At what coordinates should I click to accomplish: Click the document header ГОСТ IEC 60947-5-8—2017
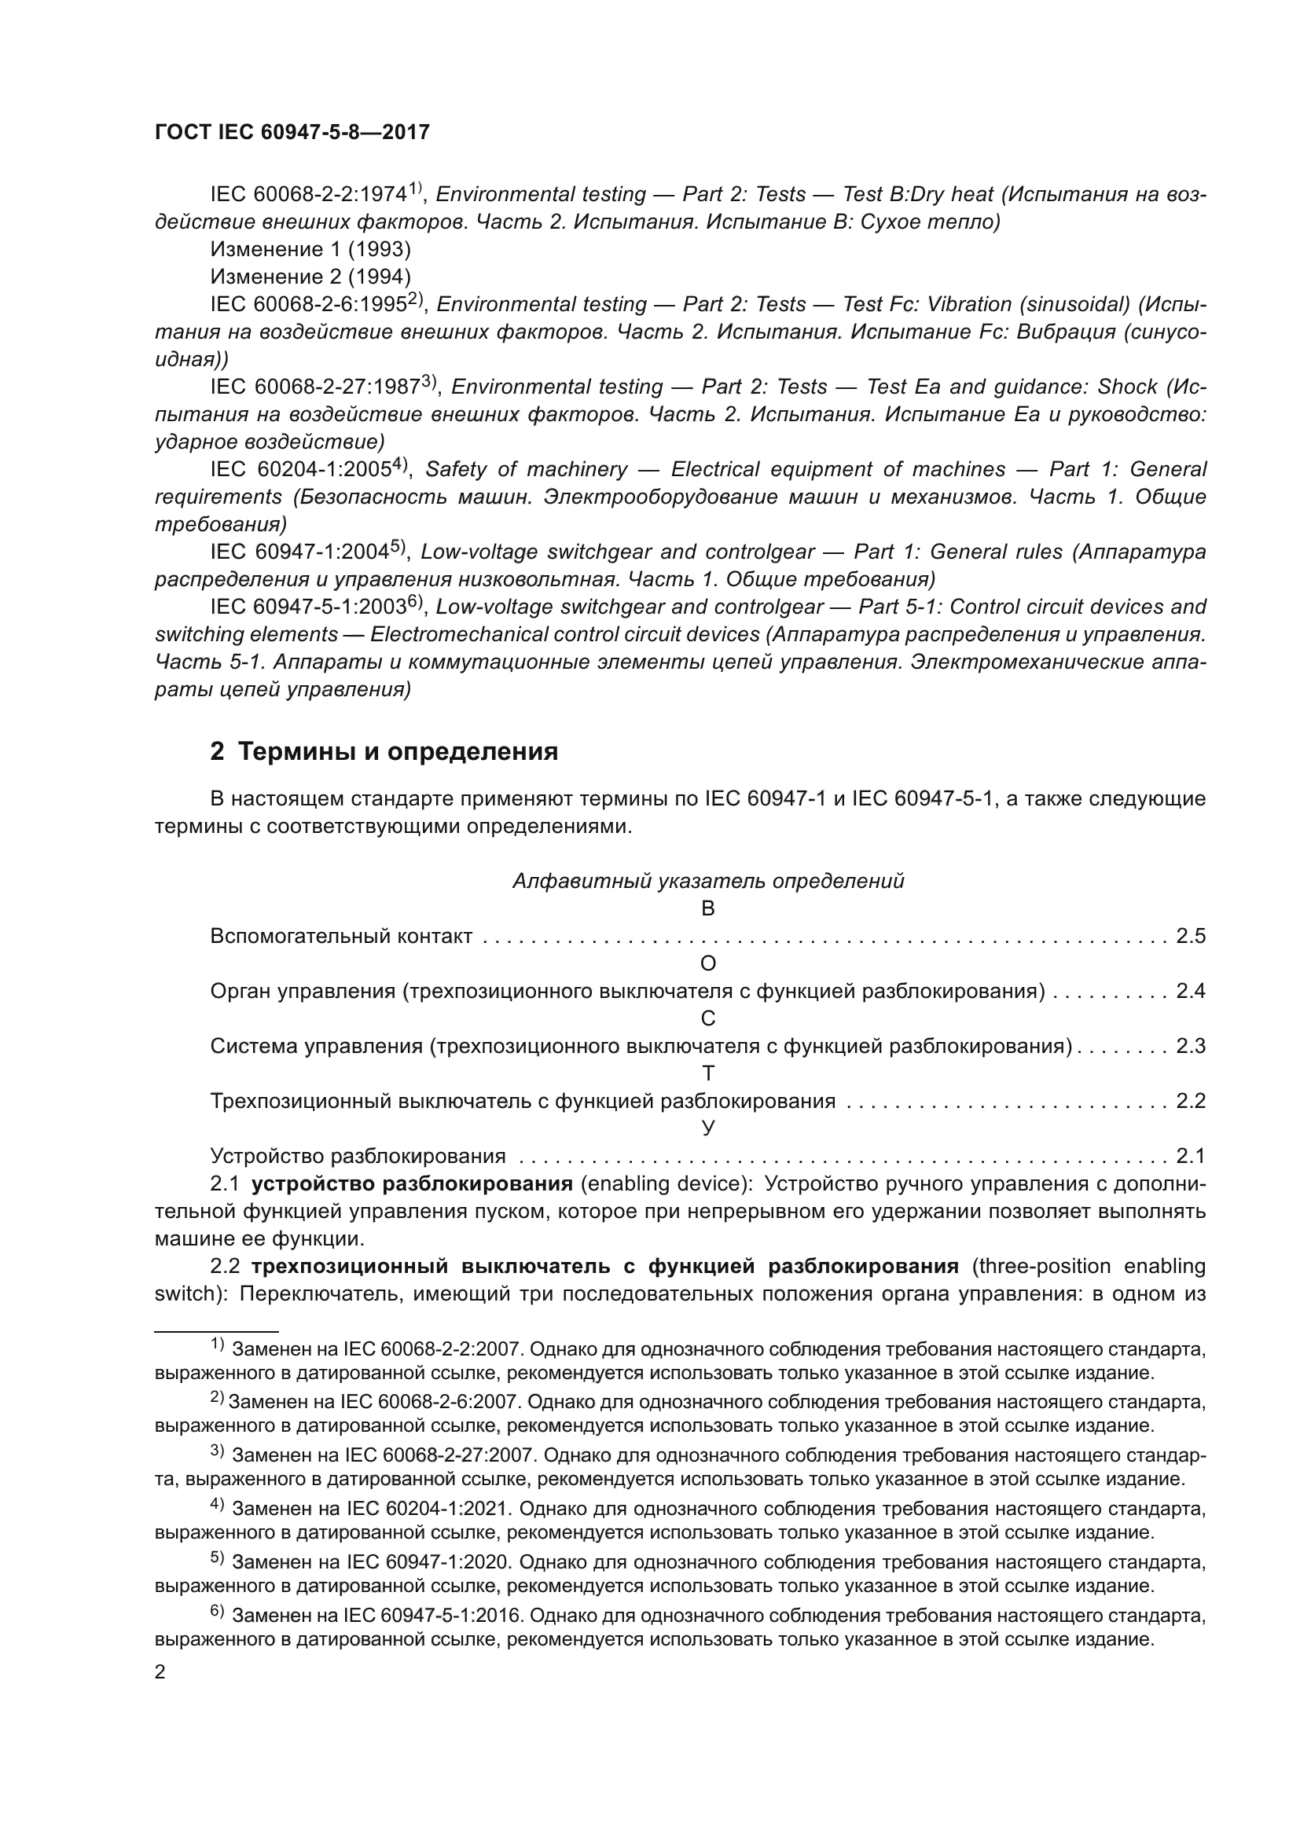click(292, 133)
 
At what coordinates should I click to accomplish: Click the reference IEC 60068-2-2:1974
click(309, 195)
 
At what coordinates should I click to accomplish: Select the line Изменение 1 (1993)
click(310, 250)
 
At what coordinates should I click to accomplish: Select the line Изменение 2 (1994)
click(310, 277)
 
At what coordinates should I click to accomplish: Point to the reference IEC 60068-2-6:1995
click(309, 305)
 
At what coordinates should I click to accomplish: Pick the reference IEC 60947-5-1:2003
click(309, 607)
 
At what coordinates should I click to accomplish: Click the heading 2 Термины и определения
click(384, 752)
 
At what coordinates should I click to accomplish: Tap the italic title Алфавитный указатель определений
click(707, 881)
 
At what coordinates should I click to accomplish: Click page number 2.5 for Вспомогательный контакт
click(1190, 936)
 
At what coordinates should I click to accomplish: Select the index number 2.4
click(1190, 991)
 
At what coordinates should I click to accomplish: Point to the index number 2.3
click(1190, 1046)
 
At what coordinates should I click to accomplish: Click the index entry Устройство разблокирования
click(358, 1156)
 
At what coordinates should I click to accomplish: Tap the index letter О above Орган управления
click(707, 964)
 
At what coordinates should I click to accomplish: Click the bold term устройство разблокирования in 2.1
click(411, 1184)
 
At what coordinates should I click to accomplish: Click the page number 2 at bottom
click(160, 1672)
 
